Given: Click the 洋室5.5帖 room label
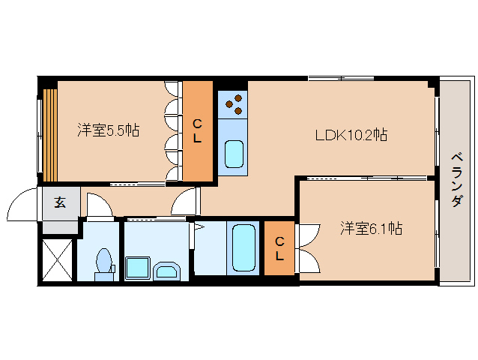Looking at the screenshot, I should click(108, 130).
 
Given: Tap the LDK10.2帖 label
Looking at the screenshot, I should click(350, 135).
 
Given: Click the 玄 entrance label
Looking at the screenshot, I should click(58, 202).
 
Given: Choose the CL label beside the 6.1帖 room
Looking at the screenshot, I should click(279, 248).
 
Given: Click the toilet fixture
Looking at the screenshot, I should click(103, 264).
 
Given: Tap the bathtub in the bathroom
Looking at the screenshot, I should click(242, 247).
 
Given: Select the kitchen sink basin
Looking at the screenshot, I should click(235, 154).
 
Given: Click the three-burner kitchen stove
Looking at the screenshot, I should click(232, 104).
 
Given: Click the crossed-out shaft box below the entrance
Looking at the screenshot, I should click(57, 259).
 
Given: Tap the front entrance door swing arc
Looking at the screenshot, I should click(22, 204).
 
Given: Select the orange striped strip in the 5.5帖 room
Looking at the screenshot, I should click(49, 134).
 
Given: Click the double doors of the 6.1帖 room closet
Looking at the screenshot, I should click(306, 248).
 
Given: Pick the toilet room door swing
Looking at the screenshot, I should click(98, 205).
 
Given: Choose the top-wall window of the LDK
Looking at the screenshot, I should click(337, 78).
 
